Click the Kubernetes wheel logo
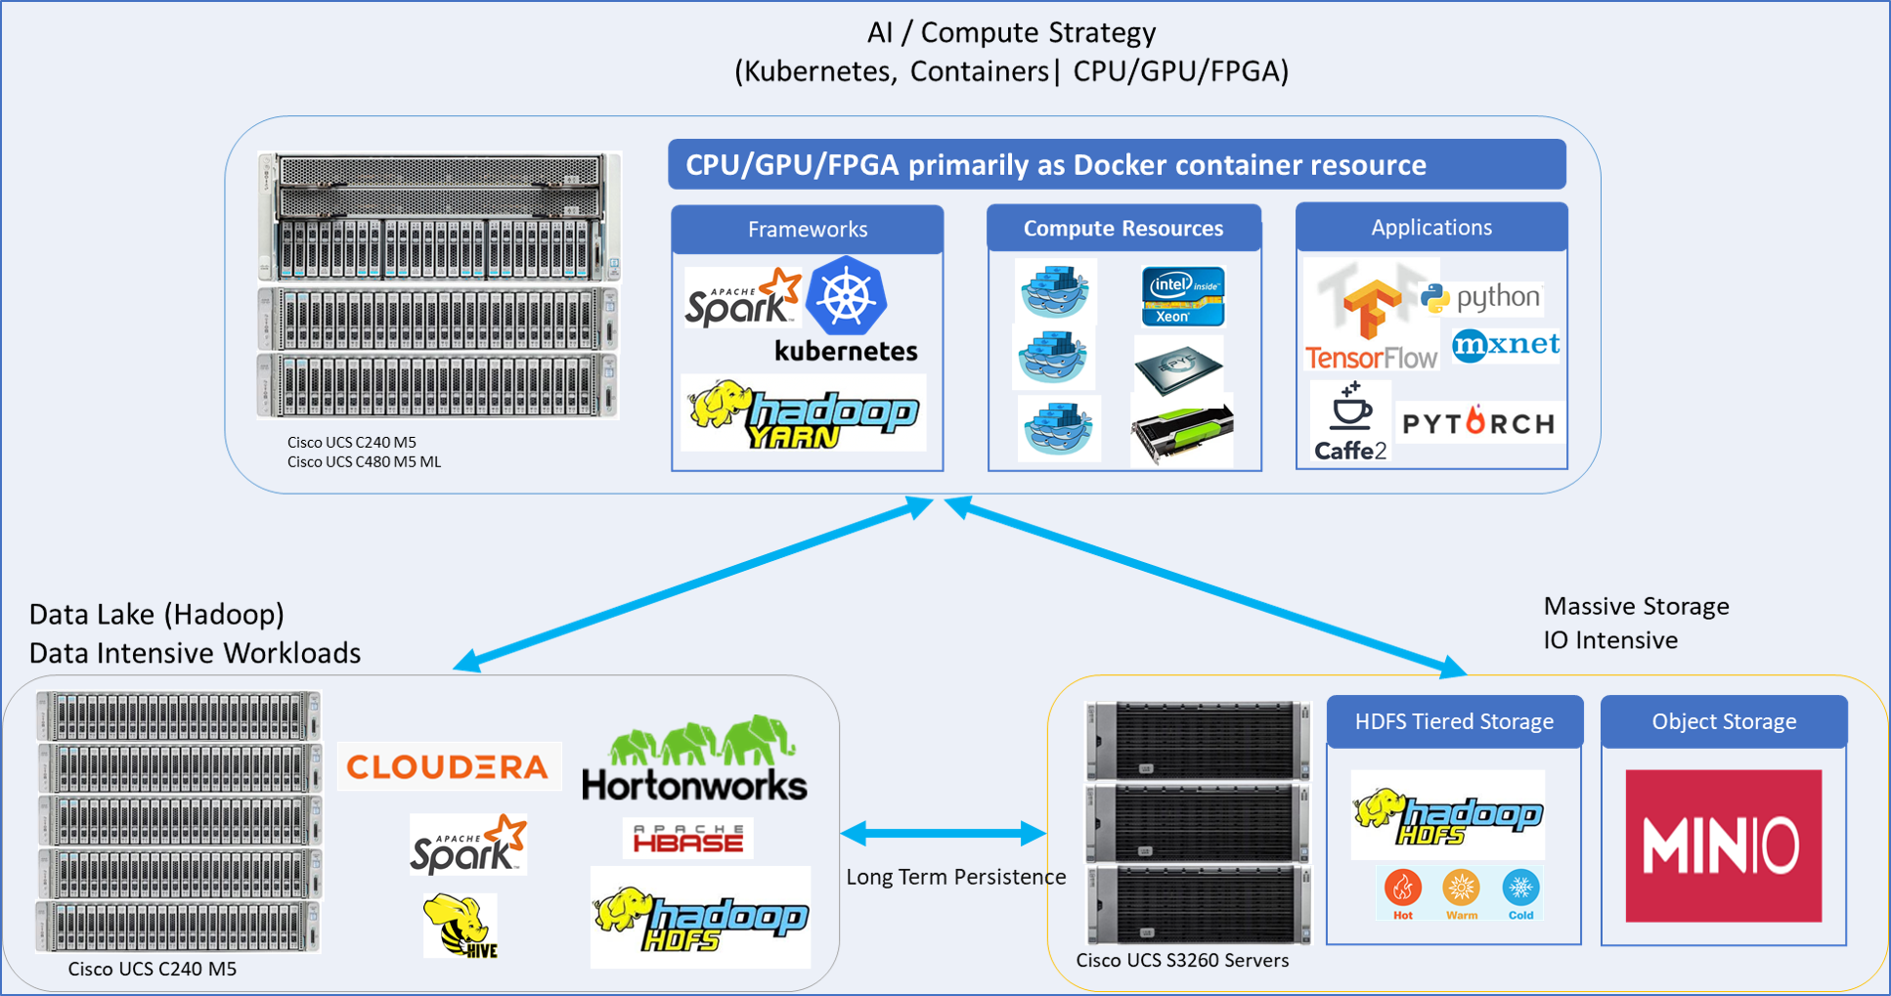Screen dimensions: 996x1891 coord(846,296)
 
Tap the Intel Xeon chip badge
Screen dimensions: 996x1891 coord(1183,295)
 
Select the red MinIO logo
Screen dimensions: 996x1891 coord(1723,845)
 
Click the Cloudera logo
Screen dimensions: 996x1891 coord(449,766)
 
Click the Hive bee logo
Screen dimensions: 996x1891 coord(461,925)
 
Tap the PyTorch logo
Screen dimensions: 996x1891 coord(1478,423)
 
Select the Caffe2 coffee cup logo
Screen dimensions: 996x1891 coord(1350,421)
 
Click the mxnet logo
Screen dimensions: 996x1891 coord(1506,345)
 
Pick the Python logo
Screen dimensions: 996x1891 coord(1481,297)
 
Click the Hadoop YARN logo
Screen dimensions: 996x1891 coord(804,413)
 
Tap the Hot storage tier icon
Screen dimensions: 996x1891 coord(1403,892)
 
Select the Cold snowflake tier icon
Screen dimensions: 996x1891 coord(1520,892)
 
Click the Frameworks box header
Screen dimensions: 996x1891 coord(808,230)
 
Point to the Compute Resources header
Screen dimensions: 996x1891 coord(1123,229)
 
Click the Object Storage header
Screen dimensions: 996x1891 coord(1724,722)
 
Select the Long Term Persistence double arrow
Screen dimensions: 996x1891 coord(944,834)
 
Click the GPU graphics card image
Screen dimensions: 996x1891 coord(1182,431)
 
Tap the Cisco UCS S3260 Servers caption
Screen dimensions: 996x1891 coord(1182,961)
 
